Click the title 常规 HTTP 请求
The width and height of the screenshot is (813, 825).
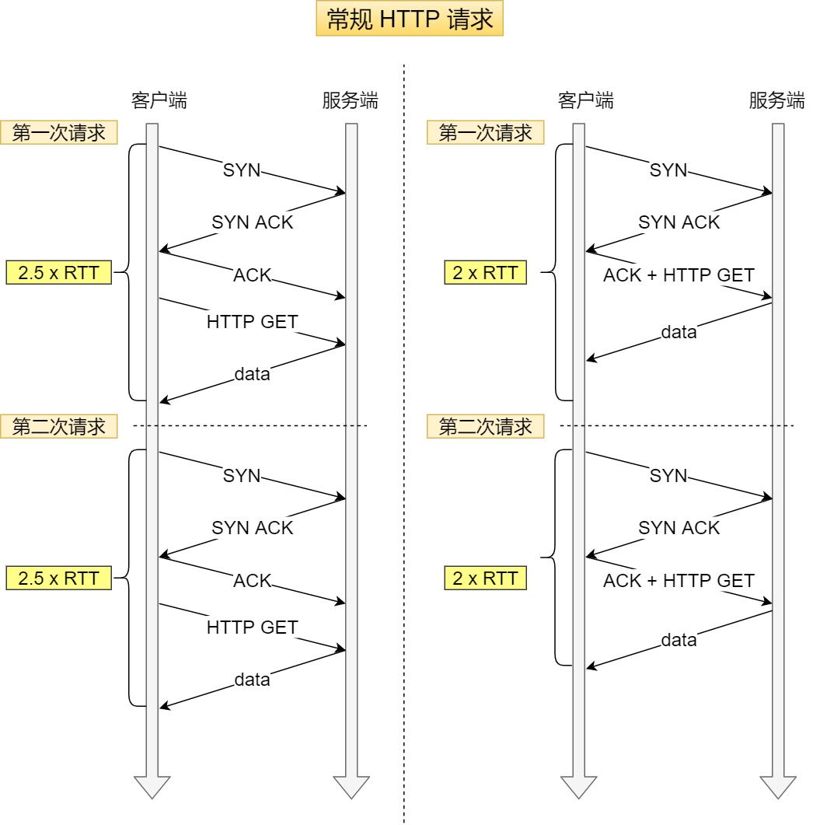(410, 19)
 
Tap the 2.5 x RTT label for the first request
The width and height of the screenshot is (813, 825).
(59, 273)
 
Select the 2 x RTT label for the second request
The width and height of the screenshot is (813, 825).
(485, 579)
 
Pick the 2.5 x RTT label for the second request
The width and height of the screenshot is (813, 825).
(59, 578)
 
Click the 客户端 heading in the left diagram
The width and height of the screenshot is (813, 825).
(159, 100)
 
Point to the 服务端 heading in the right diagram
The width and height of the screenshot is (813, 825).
(776, 100)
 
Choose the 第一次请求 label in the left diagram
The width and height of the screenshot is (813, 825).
(59, 133)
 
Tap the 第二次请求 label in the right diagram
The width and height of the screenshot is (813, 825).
(485, 426)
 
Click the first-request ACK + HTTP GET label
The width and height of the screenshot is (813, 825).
(679, 274)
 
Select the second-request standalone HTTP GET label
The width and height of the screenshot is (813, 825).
(253, 627)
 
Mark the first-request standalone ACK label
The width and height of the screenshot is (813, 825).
(252, 274)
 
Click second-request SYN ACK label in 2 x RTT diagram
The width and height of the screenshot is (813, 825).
(679, 528)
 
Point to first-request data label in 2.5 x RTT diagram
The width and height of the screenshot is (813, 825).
(252, 374)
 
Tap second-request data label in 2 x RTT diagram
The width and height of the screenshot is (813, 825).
(679, 641)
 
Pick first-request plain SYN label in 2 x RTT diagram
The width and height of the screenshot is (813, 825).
(668, 170)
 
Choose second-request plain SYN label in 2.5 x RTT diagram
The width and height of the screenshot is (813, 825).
(242, 476)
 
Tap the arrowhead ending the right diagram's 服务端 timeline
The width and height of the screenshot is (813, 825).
(777, 787)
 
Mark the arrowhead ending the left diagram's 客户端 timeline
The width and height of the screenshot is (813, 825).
(152, 787)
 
